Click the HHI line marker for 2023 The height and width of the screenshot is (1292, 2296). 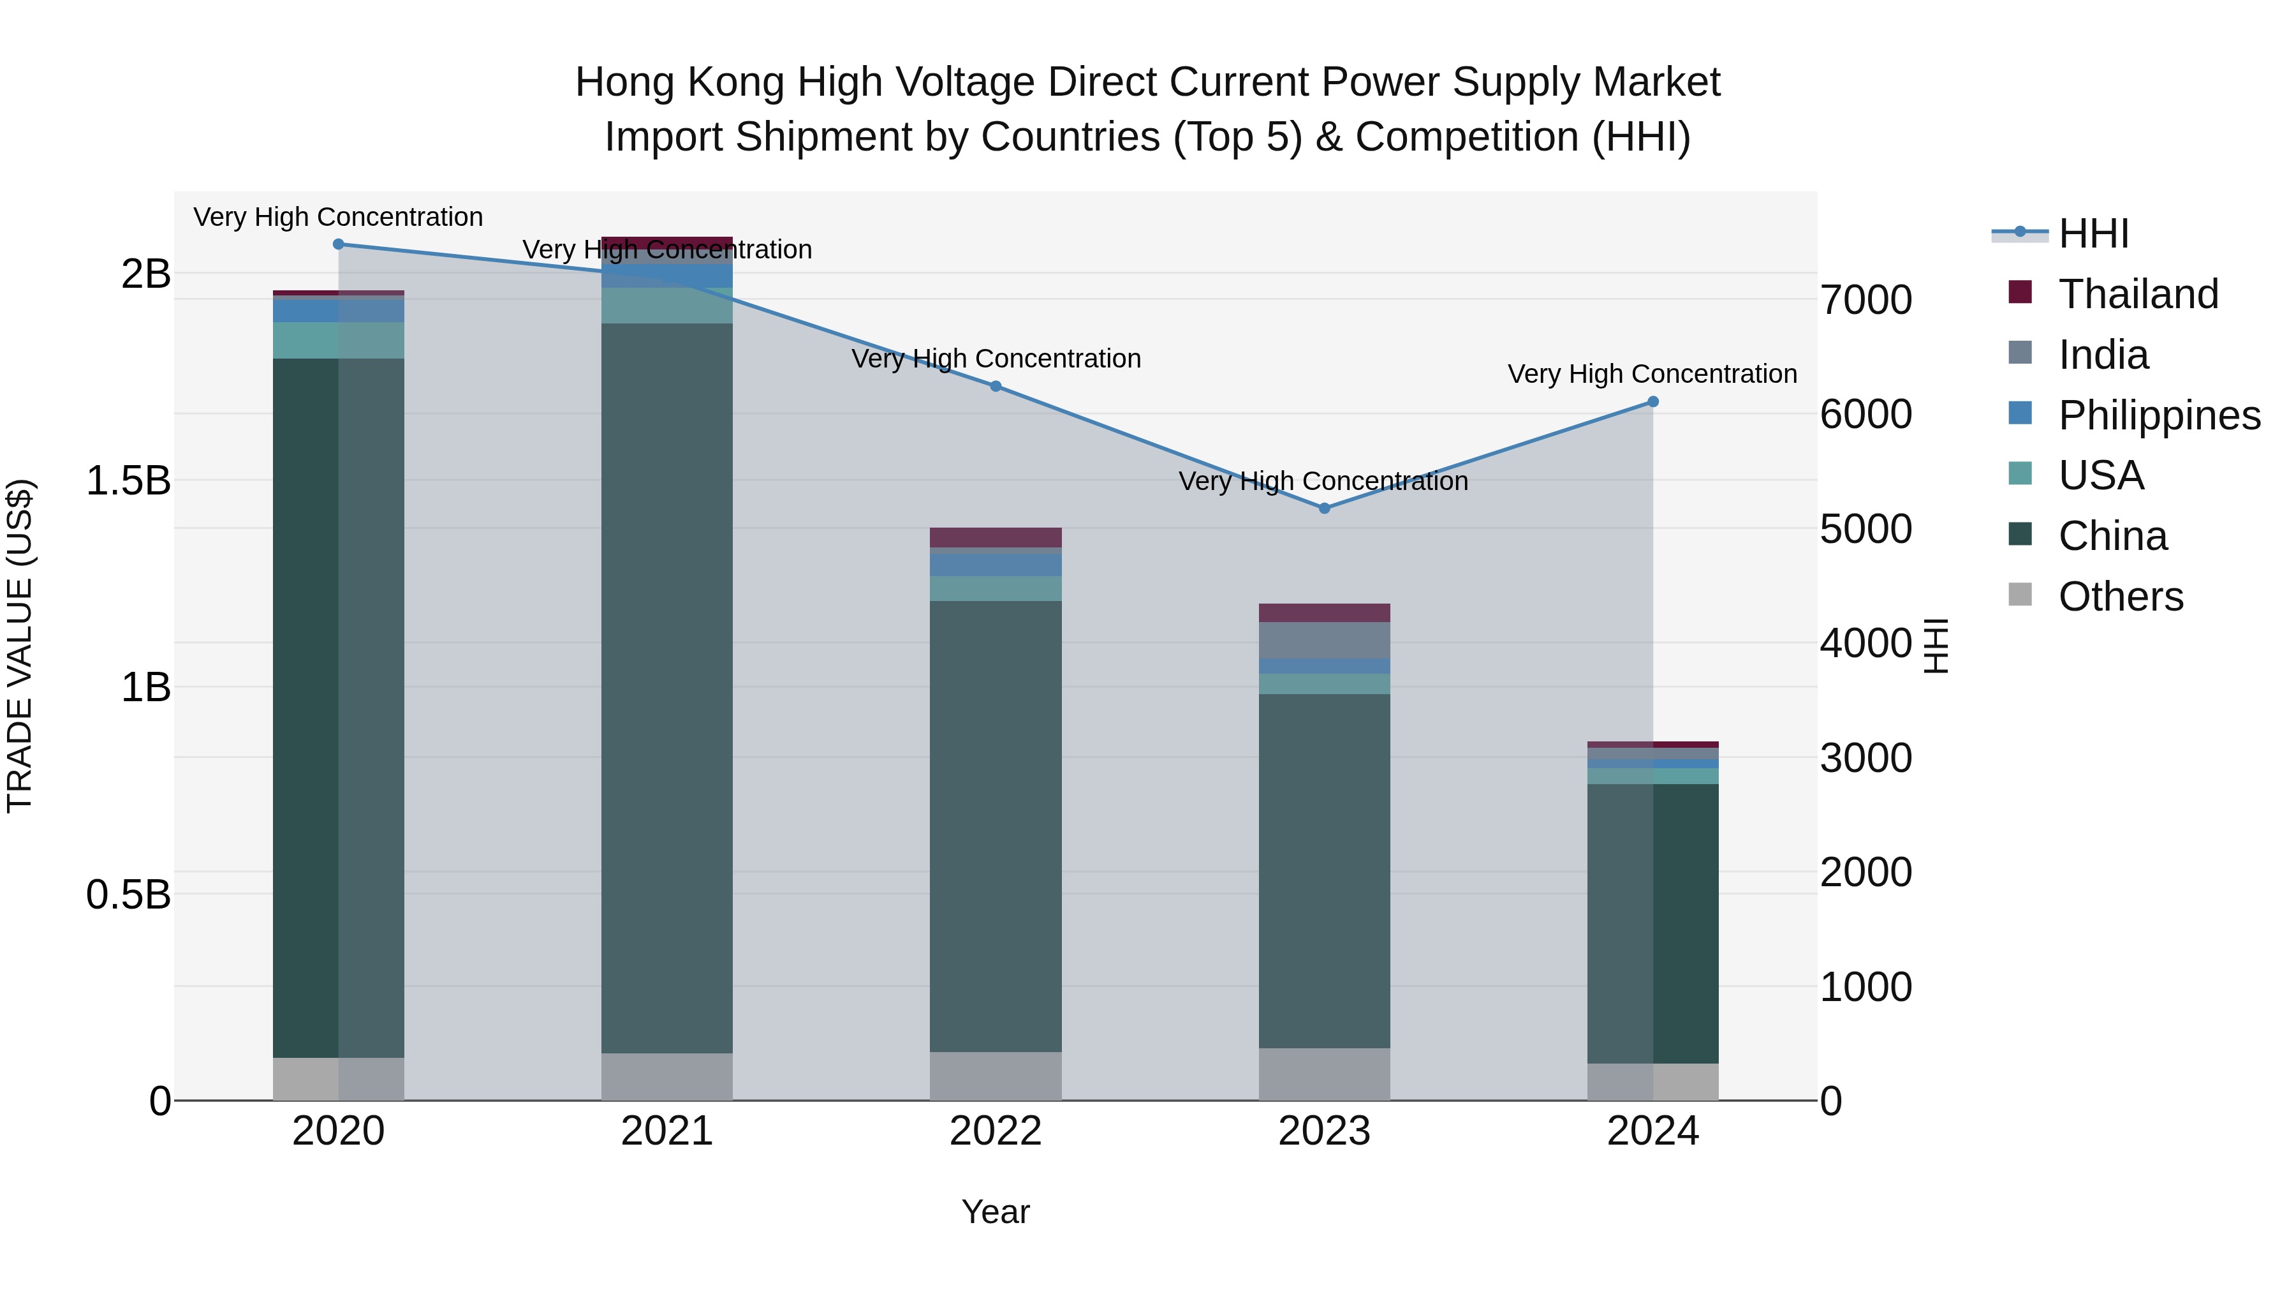[1323, 509]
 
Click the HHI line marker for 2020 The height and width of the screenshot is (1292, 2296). [338, 244]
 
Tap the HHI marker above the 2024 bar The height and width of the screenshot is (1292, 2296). [1652, 402]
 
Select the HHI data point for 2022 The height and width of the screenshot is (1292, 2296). [996, 386]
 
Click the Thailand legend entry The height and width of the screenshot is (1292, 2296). [2137, 294]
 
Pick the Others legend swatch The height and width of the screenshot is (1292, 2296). [2020, 595]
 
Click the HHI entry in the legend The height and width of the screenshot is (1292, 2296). [2093, 234]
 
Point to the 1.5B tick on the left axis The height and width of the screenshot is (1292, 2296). [128, 480]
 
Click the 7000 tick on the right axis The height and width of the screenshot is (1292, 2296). [1865, 300]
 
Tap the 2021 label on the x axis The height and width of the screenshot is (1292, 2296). [666, 1131]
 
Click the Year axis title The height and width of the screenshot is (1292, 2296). [995, 1212]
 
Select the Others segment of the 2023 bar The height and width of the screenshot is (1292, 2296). [1323, 1074]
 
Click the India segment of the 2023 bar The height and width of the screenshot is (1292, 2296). [1323, 640]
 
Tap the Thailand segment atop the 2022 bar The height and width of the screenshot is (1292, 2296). [996, 537]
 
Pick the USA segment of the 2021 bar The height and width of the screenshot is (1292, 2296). [666, 305]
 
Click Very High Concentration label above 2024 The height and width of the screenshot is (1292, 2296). [1652, 374]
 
